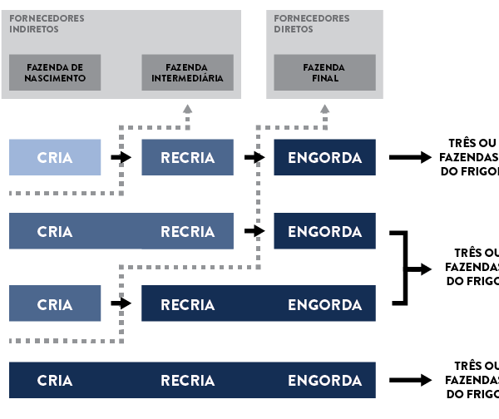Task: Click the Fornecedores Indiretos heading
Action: [47, 23]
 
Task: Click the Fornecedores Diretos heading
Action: [300, 23]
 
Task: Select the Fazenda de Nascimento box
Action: [55, 72]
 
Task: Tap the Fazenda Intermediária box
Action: [187, 72]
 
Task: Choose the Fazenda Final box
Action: [324, 72]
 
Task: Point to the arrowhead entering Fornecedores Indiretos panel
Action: [187, 108]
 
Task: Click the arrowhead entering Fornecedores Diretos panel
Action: [324, 108]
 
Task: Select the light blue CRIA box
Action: [55, 157]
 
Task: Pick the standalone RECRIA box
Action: [187, 157]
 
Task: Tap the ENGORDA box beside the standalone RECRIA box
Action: [324, 157]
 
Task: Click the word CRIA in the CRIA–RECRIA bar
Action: [55, 231]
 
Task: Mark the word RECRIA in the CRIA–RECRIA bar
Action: [187, 231]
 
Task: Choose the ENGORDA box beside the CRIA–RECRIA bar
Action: [324, 231]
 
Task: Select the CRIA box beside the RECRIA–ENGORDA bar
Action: [55, 304]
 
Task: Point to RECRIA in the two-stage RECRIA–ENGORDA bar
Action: [187, 304]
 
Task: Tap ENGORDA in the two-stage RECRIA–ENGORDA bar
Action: [324, 304]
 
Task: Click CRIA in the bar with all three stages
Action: [55, 380]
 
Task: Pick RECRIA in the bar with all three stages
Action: [187, 380]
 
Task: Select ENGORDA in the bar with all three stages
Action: [324, 380]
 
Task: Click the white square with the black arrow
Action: [427, 269]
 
